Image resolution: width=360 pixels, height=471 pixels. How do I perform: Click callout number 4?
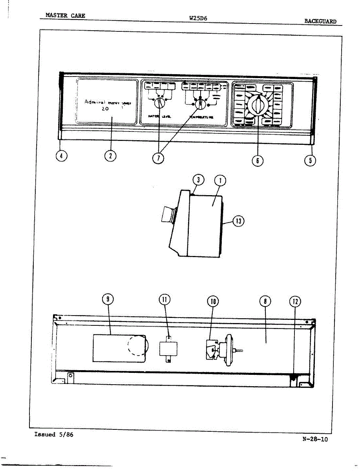click(x=61, y=156)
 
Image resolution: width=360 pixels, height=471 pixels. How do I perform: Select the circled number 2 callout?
click(x=111, y=156)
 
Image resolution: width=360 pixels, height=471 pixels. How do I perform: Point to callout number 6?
click(x=258, y=160)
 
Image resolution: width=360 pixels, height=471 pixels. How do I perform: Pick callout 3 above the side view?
click(x=198, y=180)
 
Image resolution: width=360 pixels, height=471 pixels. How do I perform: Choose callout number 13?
click(x=238, y=221)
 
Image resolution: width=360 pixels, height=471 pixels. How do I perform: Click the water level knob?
click(x=159, y=103)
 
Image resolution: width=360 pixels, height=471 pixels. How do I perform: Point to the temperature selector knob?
click(x=200, y=104)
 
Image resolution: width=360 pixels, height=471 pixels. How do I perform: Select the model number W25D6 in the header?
click(x=198, y=18)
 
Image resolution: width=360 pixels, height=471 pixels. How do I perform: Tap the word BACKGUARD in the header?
click(x=320, y=21)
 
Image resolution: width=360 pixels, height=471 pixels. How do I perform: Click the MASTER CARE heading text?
click(x=65, y=16)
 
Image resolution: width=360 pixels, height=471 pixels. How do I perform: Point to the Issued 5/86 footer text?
click(x=54, y=434)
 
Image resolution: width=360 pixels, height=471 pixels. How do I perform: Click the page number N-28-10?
click(x=315, y=439)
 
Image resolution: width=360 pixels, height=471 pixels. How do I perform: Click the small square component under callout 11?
click(x=168, y=348)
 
